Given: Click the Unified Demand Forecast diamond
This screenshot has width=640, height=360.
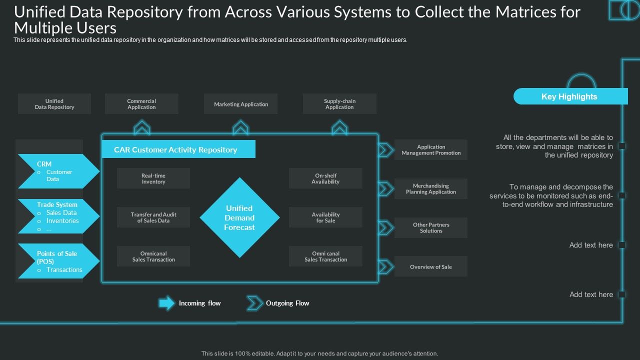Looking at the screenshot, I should [x=239, y=217].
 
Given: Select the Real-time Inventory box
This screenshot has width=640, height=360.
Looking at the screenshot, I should [x=153, y=178].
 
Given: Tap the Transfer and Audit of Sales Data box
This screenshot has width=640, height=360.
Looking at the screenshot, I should [x=153, y=217].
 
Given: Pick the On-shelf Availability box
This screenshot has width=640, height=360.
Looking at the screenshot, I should [x=325, y=178].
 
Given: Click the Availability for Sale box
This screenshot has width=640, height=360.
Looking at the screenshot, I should [x=325, y=217].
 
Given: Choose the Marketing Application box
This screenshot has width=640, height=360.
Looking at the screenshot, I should [x=240, y=104].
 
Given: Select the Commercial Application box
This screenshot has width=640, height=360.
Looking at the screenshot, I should [x=141, y=104].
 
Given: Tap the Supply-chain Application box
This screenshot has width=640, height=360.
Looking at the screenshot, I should [x=339, y=104].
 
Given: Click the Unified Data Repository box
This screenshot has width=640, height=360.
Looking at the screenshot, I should [x=54, y=104].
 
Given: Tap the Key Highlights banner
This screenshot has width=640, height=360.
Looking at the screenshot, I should [x=570, y=96].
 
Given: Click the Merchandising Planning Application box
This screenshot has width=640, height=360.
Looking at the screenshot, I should [x=431, y=188].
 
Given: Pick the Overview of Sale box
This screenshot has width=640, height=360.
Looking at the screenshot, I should [x=431, y=266].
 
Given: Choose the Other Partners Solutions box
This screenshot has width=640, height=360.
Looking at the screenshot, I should [x=431, y=227].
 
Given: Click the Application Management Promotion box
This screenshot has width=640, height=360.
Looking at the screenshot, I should [x=431, y=150].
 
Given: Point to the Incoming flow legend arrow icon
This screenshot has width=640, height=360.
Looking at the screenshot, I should [x=167, y=303].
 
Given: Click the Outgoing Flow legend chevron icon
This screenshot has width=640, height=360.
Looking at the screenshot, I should [x=255, y=303].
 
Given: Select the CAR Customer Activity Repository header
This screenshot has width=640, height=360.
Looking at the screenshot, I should [x=178, y=149].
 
